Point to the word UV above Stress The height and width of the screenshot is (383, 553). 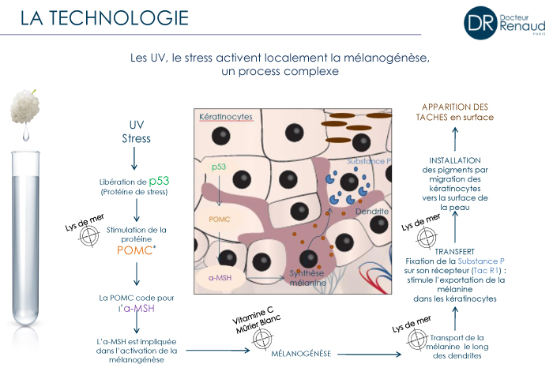click(137, 126)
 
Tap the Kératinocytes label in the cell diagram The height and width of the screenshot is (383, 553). click(226, 117)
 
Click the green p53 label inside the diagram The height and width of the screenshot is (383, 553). click(219, 167)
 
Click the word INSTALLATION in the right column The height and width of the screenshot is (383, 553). click(455, 160)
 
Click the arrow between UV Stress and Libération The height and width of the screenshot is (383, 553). click(136, 159)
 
